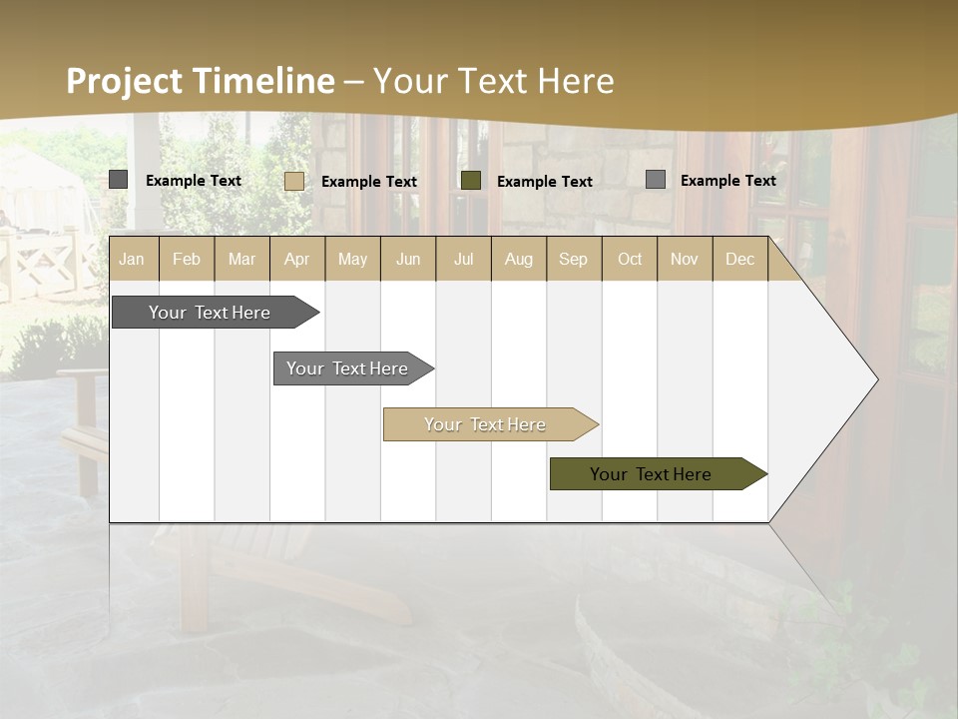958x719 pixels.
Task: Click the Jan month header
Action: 132,259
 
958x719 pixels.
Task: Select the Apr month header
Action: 297,259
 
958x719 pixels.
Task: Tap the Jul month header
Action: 463,259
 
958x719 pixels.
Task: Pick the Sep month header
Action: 574,259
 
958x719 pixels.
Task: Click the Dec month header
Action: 739,259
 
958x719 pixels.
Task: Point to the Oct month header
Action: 630,259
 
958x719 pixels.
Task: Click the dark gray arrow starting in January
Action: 210,313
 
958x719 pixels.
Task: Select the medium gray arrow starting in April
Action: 347,368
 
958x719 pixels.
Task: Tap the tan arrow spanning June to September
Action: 485,424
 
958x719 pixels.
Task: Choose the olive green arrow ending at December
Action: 651,474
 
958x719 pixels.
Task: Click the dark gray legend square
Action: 118,180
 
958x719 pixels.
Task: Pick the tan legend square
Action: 293,181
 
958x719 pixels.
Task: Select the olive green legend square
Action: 471,181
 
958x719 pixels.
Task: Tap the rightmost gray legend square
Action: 655,180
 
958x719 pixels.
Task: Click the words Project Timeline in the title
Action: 200,81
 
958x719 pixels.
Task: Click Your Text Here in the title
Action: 494,81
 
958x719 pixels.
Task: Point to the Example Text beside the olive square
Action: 545,182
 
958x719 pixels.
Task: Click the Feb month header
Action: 187,259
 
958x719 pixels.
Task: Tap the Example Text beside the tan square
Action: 369,182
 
